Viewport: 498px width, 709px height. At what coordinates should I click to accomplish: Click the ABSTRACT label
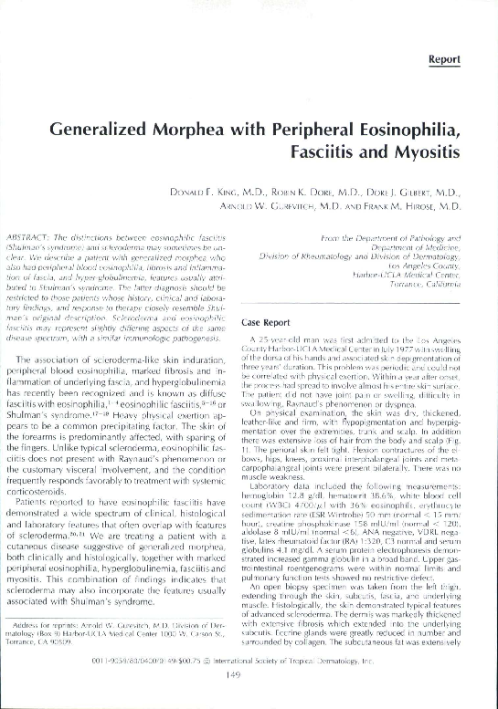pyautogui.click(x=38, y=237)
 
